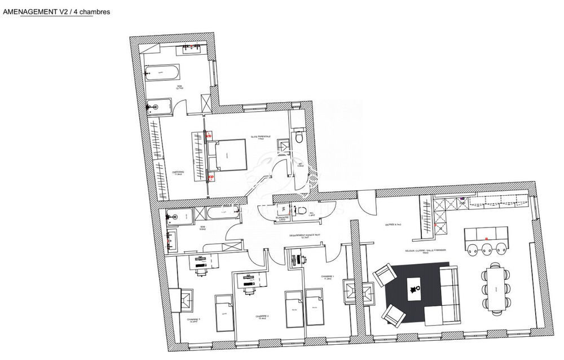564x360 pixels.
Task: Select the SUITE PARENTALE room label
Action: tap(261, 136)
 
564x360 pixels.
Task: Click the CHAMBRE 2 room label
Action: tap(261, 317)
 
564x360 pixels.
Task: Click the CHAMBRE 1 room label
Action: tap(328, 276)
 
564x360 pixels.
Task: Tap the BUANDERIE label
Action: tap(283, 218)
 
